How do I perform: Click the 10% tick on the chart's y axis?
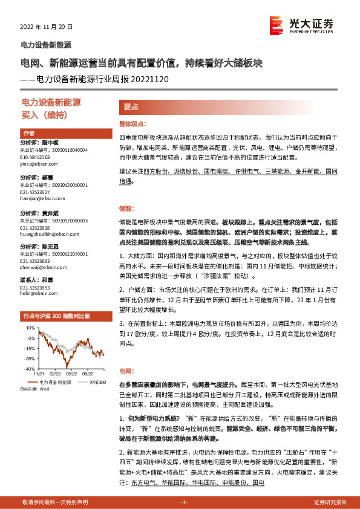pos(30,327)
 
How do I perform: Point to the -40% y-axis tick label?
pos(30,368)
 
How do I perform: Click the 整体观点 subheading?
pos(133,122)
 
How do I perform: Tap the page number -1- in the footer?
pos(185,502)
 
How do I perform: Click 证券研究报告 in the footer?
pos(330,502)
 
